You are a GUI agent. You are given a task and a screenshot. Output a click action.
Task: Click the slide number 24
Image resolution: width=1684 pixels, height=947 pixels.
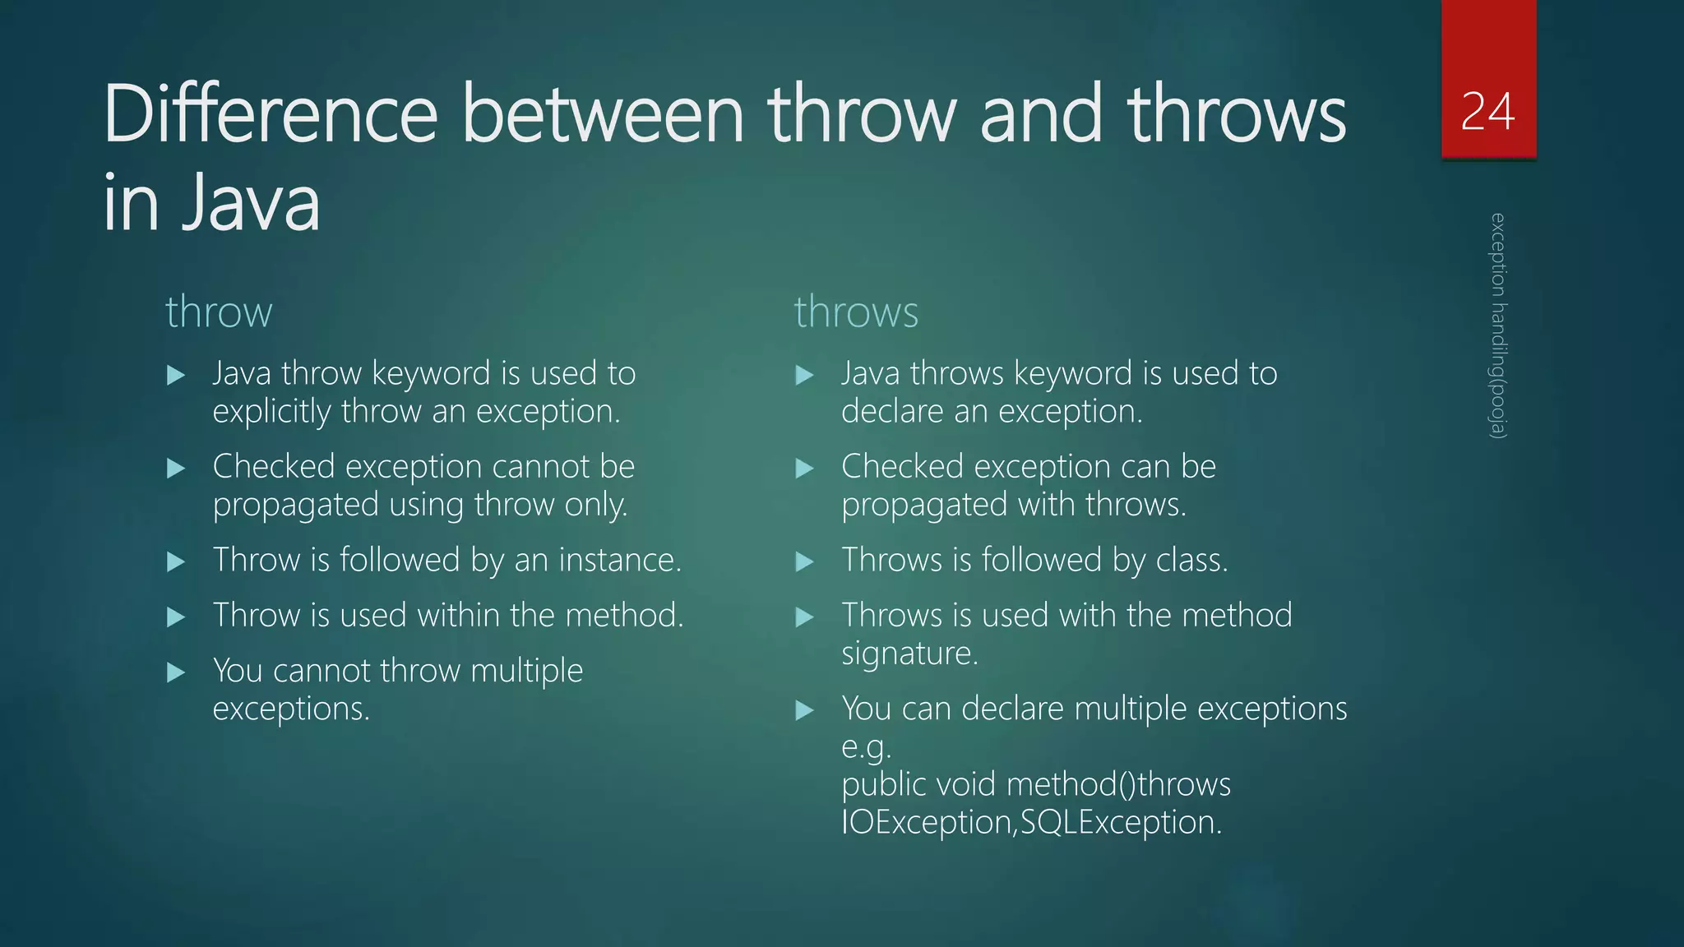click(x=1487, y=112)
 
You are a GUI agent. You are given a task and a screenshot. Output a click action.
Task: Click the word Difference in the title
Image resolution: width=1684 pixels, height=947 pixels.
click(x=271, y=114)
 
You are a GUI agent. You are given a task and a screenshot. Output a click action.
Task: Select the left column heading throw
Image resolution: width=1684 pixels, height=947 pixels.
click(x=219, y=312)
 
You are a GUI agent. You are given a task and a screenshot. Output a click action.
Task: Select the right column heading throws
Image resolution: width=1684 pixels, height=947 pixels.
click(x=856, y=312)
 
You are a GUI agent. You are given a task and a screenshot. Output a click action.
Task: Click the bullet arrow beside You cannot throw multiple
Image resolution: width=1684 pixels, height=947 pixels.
click(x=176, y=673)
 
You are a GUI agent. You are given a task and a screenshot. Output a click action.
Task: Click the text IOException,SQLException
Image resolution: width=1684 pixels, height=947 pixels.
click(x=1031, y=822)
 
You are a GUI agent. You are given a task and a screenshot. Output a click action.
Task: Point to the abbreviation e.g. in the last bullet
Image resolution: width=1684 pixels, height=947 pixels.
click(x=866, y=747)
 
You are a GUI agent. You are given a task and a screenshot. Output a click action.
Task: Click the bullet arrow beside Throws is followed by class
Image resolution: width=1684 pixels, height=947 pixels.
click(x=805, y=562)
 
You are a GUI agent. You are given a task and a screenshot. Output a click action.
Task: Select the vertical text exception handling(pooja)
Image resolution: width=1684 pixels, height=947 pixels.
click(x=1498, y=326)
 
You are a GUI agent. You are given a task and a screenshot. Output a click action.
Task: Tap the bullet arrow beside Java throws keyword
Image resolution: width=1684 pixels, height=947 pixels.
click(x=805, y=376)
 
